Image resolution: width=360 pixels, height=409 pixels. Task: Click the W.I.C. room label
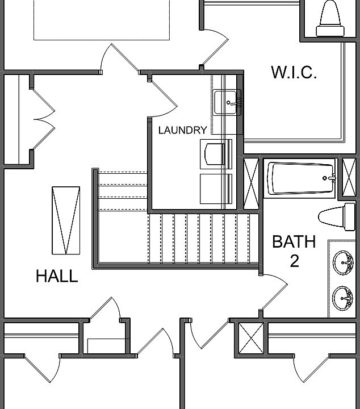pyautogui.click(x=294, y=73)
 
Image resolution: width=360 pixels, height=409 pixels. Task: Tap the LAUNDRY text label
pyautogui.click(x=182, y=130)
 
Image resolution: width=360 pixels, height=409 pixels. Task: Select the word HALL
pyautogui.click(x=57, y=276)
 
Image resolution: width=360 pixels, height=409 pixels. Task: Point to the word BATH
pyautogui.click(x=294, y=241)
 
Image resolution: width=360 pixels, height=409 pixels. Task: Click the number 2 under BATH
pyautogui.click(x=294, y=261)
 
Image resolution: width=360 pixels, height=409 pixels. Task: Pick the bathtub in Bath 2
pyautogui.click(x=301, y=179)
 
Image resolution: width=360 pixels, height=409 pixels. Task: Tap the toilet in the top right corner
pyautogui.click(x=330, y=16)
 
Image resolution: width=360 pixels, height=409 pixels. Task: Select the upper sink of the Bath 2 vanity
pyautogui.click(x=342, y=262)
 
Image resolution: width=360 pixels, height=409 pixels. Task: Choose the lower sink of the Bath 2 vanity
pyautogui.click(x=342, y=296)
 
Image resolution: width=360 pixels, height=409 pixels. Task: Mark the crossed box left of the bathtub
pyautogui.click(x=252, y=178)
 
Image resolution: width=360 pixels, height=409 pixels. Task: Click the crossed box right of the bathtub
pyautogui.click(x=346, y=178)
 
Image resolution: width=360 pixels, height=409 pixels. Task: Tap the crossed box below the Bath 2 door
pyautogui.click(x=250, y=339)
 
